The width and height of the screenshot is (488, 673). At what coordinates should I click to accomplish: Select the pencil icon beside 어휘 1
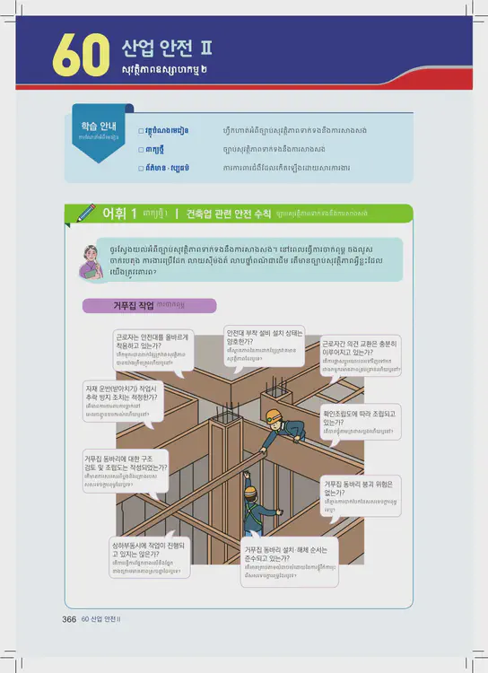click(x=86, y=213)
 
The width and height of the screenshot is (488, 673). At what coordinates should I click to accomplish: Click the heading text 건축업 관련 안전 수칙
click(x=228, y=214)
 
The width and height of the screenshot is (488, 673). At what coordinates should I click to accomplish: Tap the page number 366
click(x=68, y=619)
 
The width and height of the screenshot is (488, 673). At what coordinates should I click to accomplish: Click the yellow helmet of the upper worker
click(x=274, y=416)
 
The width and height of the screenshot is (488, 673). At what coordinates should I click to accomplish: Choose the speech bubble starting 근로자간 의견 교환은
click(x=361, y=355)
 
